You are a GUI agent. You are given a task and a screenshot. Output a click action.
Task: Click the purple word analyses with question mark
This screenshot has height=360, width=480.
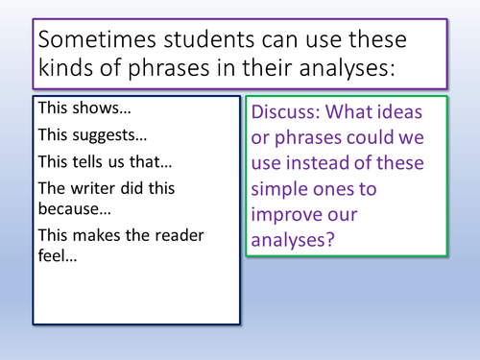pyautogui.click(x=293, y=243)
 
